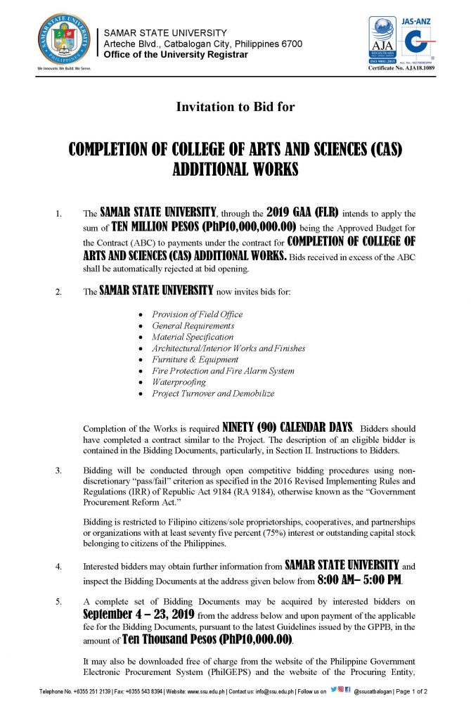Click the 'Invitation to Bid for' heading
(235, 108)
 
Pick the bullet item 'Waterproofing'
(179, 382)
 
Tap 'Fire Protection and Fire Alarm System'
(223, 371)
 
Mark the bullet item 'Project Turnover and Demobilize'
(212, 393)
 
